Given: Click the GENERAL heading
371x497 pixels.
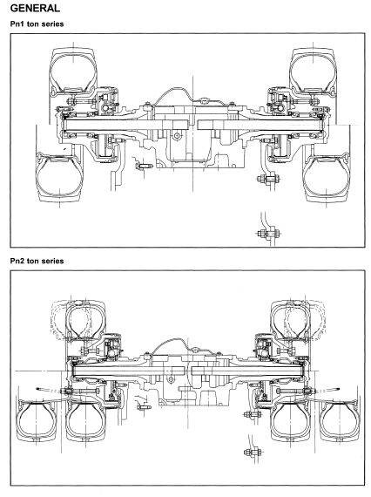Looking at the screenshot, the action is tap(35, 8).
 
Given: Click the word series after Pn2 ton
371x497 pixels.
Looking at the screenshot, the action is tap(52, 261).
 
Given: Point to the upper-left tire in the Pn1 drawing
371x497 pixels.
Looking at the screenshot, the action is tap(73, 71).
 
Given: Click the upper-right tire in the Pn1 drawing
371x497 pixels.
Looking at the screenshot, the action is tap(313, 71).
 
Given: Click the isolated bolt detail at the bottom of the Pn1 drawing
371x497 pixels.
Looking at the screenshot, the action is tap(268, 233).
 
